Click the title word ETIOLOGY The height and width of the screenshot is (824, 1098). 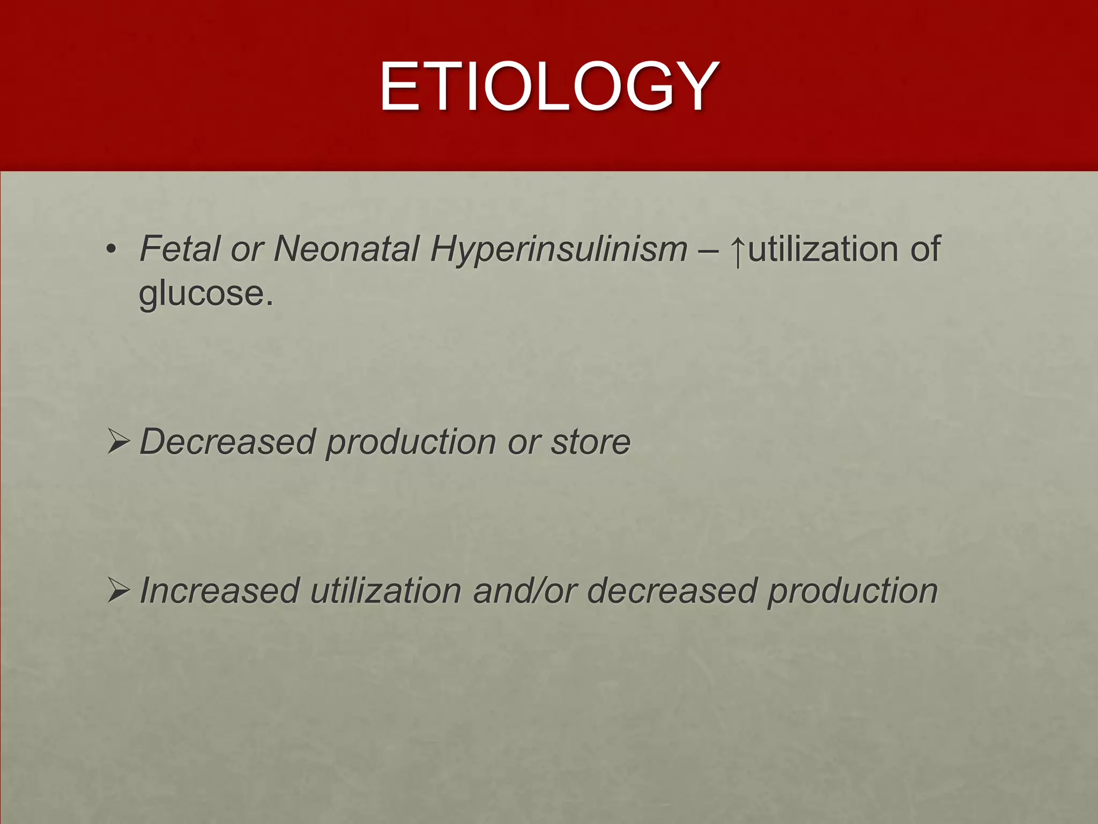coord(548,86)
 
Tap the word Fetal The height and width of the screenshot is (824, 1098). coord(180,249)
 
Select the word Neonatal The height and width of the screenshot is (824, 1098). coord(346,249)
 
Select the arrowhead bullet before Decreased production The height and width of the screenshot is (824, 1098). coord(118,442)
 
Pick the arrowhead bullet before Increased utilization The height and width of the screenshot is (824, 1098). coord(118,590)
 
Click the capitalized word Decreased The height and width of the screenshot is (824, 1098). coord(227,442)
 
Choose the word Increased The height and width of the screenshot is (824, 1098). coord(219,591)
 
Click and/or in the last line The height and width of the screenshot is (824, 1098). coord(524,591)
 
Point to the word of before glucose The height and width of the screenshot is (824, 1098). coord(925,249)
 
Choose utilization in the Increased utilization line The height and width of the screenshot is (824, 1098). coord(385,591)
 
